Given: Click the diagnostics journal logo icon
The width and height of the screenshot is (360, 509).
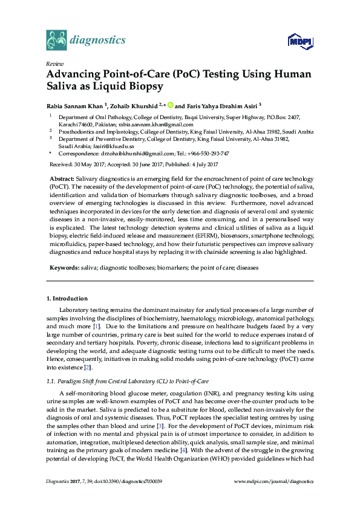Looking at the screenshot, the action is pyautogui.click(x=56, y=41).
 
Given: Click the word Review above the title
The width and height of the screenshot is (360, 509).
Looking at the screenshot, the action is pyautogui.click(x=54, y=63).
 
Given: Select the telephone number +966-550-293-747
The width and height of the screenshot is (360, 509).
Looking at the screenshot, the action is pyautogui.click(x=206, y=154).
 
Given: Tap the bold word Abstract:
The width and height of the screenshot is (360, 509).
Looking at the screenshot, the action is pyautogui.click(x=61, y=180).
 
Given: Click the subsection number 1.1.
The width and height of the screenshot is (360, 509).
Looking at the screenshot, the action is pyautogui.click(x=51, y=380).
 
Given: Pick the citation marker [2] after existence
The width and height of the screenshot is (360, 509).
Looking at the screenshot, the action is pyautogui.click(x=88, y=366).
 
